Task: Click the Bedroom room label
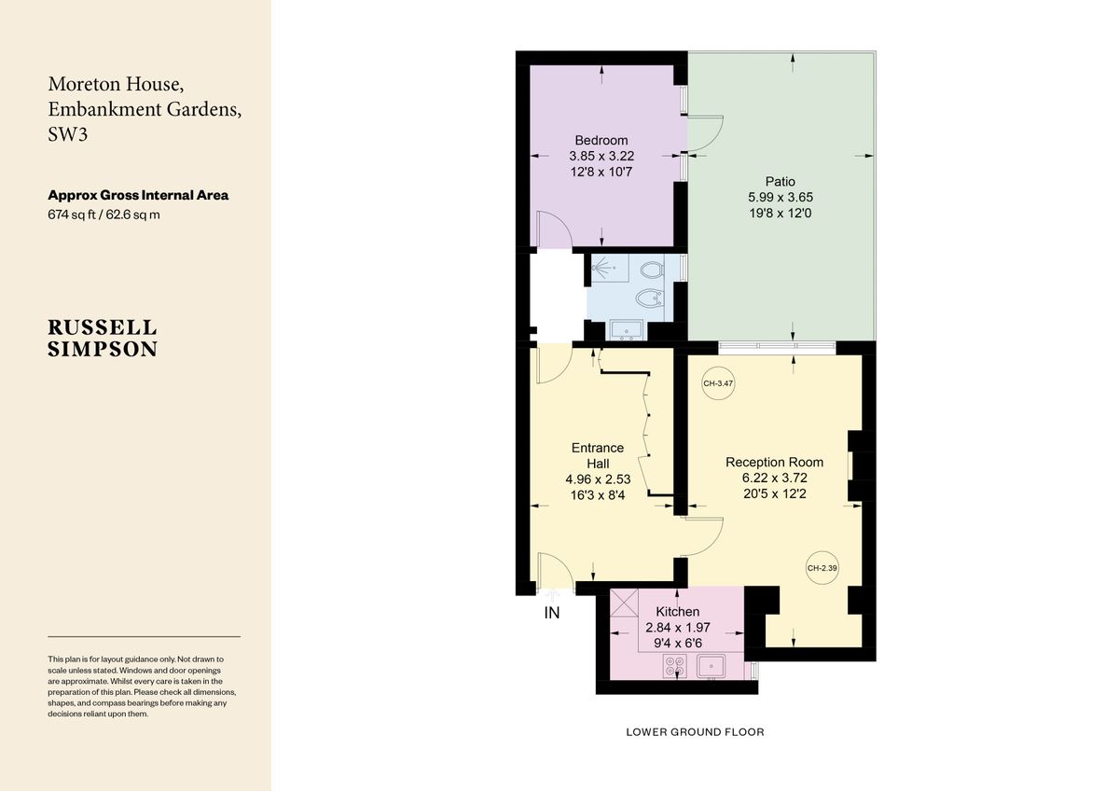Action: (x=601, y=141)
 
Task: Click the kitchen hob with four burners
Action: (x=675, y=666)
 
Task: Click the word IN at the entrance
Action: (x=552, y=613)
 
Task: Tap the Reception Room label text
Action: (x=774, y=462)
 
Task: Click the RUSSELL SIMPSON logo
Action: (x=103, y=339)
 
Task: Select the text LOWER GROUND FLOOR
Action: (x=695, y=732)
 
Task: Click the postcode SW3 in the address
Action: (x=69, y=134)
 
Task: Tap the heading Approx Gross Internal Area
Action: (x=138, y=196)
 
